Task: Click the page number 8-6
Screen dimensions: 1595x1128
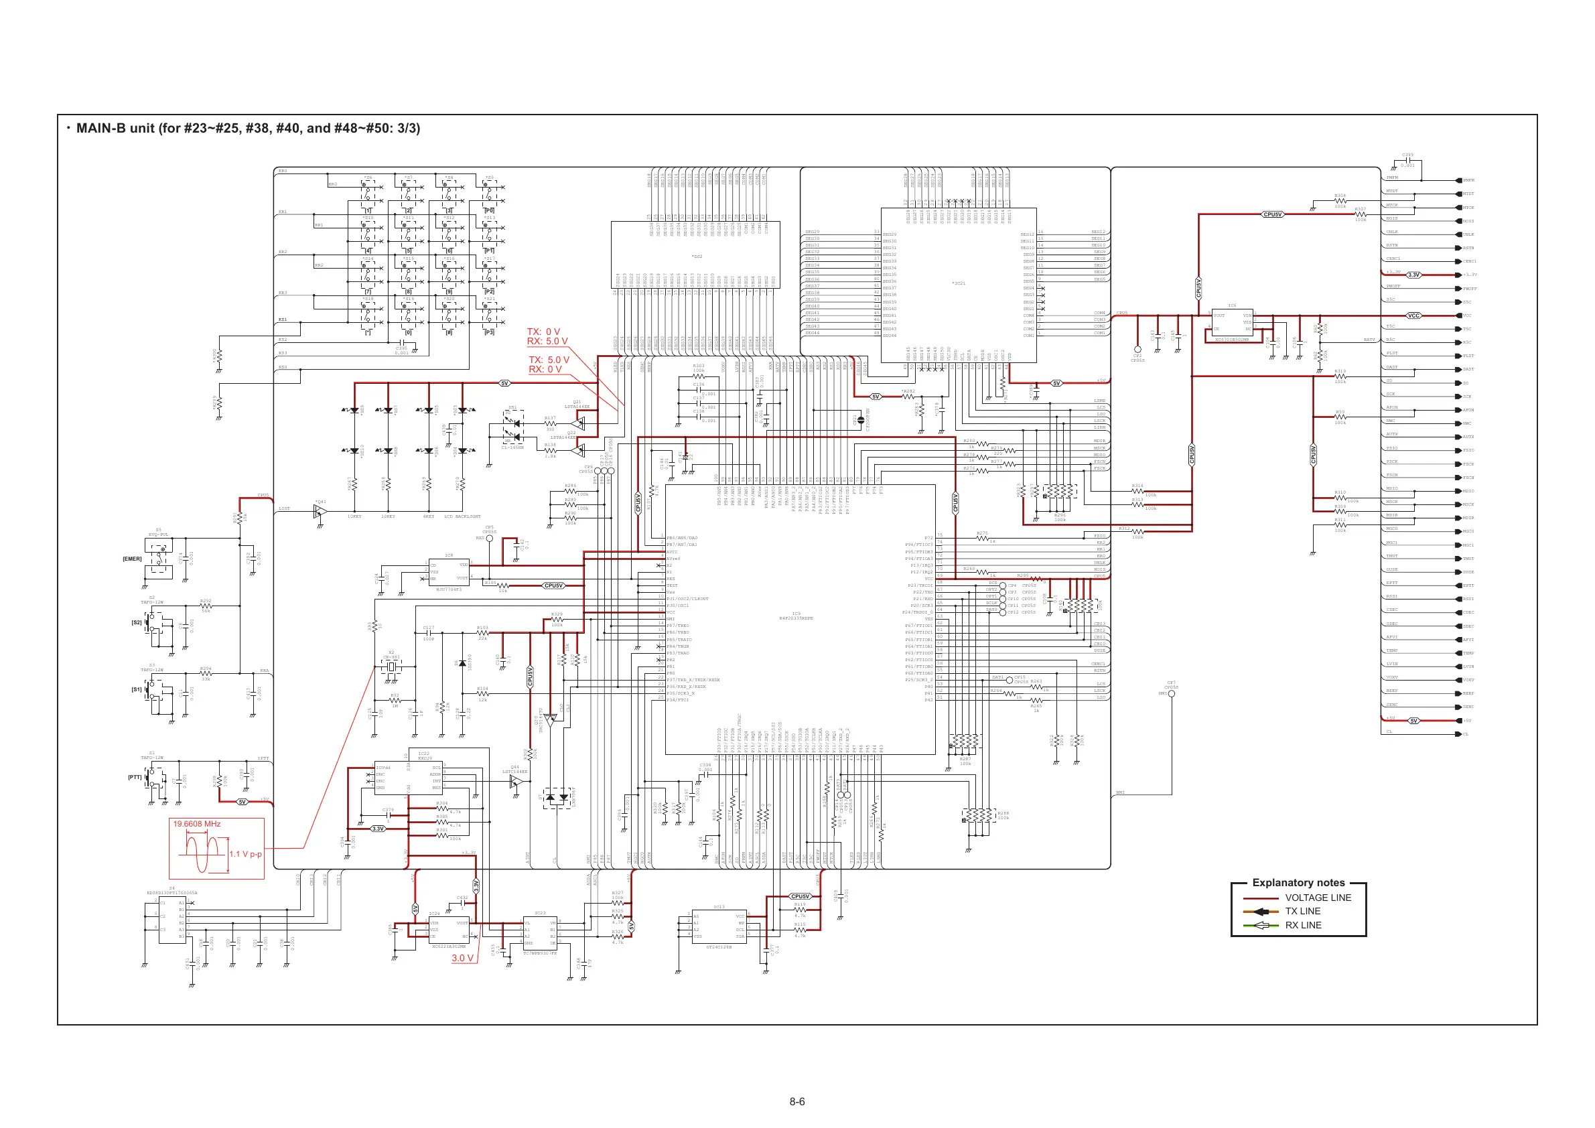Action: [796, 1102]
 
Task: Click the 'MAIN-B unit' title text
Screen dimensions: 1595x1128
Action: [248, 129]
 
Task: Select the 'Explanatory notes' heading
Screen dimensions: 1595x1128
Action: [1298, 883]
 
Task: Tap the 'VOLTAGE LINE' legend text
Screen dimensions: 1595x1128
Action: [1318, 898]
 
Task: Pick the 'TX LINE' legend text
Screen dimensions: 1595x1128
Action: [1302, 911]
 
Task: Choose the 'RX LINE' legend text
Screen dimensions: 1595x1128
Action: [1303, 925]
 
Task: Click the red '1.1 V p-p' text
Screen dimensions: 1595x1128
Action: [245, 853]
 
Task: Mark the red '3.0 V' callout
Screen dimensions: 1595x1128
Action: [463, 958]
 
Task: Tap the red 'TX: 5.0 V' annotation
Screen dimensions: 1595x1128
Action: [549, 360]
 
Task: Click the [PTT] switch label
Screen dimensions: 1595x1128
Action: [135, 777]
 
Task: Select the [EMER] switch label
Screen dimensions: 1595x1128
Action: [132, 559]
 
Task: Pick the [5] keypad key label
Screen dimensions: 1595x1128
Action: [409, 251]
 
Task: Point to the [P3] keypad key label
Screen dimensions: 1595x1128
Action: [489, 333]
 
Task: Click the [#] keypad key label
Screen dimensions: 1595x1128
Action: [449, 333]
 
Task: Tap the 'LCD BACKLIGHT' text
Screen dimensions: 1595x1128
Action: [462, 516]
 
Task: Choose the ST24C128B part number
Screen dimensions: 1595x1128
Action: [719, 946]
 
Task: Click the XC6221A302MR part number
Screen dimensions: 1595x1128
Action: [449, 946]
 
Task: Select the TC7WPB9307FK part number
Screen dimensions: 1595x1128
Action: [540, 953]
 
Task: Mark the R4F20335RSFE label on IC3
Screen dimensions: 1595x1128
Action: [796, 618]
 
